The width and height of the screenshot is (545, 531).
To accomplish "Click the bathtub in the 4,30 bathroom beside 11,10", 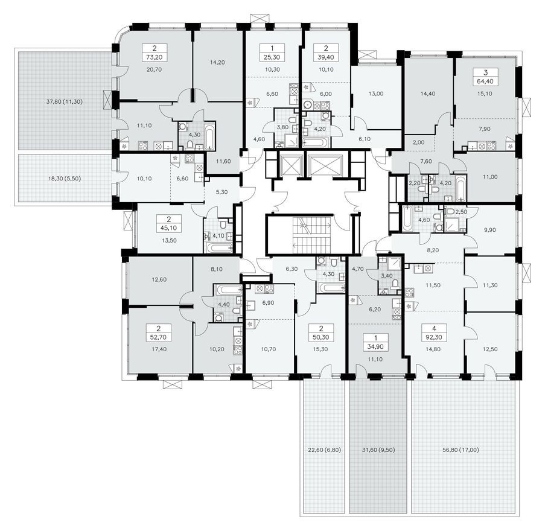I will click(x=209, y=138).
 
